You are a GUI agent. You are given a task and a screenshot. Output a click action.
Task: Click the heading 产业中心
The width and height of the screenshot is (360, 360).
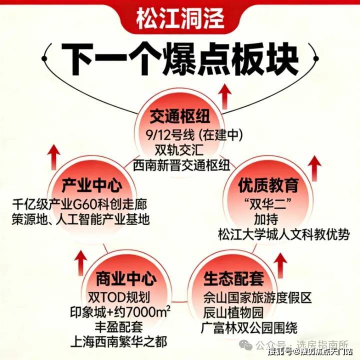(x=92, y=186)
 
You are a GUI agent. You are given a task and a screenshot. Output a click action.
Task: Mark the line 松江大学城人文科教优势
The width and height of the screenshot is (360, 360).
(x=284, y=234)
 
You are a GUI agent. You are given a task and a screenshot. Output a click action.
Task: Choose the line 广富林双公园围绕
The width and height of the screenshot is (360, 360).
(x=250, y=328)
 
